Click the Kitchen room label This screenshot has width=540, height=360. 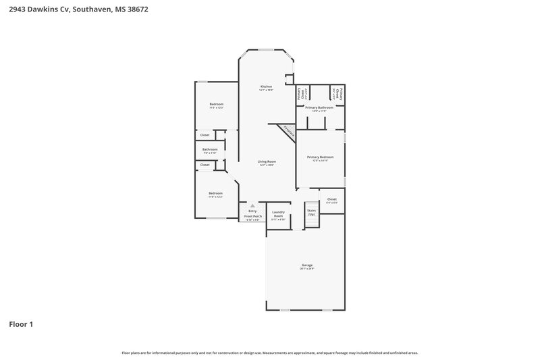267,86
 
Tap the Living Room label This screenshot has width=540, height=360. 267,161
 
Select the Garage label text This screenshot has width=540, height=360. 307,265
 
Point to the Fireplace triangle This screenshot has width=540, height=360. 288,131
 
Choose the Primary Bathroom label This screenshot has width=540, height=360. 319,107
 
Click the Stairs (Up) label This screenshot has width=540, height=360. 311,212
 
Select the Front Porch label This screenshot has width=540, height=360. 253,216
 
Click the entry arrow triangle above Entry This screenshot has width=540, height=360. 253,205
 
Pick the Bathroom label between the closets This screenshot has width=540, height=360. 210,149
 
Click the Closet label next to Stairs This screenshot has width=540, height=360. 331,199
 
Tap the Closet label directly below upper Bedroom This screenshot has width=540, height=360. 205,135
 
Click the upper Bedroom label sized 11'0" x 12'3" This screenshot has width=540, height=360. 216,104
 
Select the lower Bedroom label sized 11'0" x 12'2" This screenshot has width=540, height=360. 215,193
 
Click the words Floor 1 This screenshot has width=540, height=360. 21,324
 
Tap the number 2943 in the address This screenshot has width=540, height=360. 16,9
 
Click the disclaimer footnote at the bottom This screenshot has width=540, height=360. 269,353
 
